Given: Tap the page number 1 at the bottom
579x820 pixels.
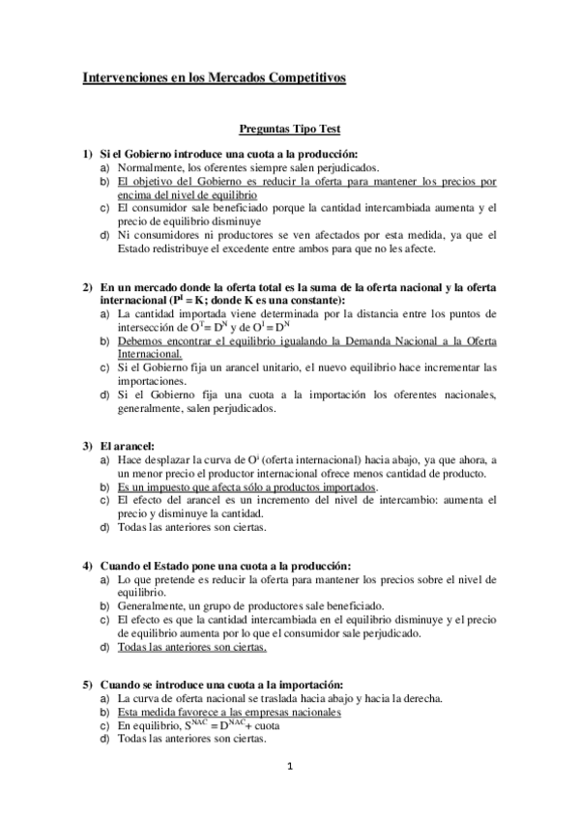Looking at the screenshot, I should pyautogui.click(x=289, y=768).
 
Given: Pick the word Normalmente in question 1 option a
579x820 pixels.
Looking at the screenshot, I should pyautogui.click(x=148, y=167).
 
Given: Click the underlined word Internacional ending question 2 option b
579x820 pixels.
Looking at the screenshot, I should pyautogui.click(x=149, y=354).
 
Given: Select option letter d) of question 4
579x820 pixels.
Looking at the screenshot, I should pyautogui.click(x=104, y=646).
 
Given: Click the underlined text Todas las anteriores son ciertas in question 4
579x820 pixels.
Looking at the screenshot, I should pyautogui.click(x=191, y=646).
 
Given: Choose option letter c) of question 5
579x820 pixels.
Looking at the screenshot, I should pyautogui.click(x=104, y=724).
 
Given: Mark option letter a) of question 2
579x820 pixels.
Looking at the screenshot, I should pyautogui.click(x=104, y=314).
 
